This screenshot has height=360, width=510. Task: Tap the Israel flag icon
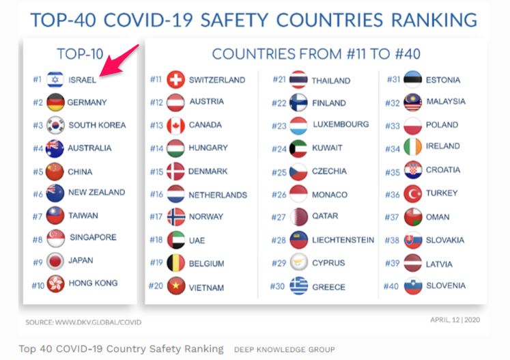[55, 80]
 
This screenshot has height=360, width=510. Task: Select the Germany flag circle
[55, 102]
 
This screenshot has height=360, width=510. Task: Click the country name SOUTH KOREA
[97, 125]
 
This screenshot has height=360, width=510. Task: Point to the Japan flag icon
[55, 261]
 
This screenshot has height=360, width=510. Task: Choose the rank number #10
[37, 284]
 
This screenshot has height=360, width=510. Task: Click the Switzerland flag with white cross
[175, 80]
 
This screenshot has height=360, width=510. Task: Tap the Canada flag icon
[175, 126]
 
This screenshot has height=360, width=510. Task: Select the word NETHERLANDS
[218, 195]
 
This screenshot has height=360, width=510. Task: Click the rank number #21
[279, 80]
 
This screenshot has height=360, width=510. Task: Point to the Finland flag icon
[298, 103]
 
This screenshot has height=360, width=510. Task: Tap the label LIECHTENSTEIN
[343, 240]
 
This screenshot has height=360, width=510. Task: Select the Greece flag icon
[298, 287]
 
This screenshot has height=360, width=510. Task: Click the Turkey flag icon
[412, 193]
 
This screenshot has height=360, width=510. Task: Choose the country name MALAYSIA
[445, 102]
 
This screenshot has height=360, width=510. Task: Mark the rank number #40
[391, 286]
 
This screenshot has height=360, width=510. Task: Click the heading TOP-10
[79, 53]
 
